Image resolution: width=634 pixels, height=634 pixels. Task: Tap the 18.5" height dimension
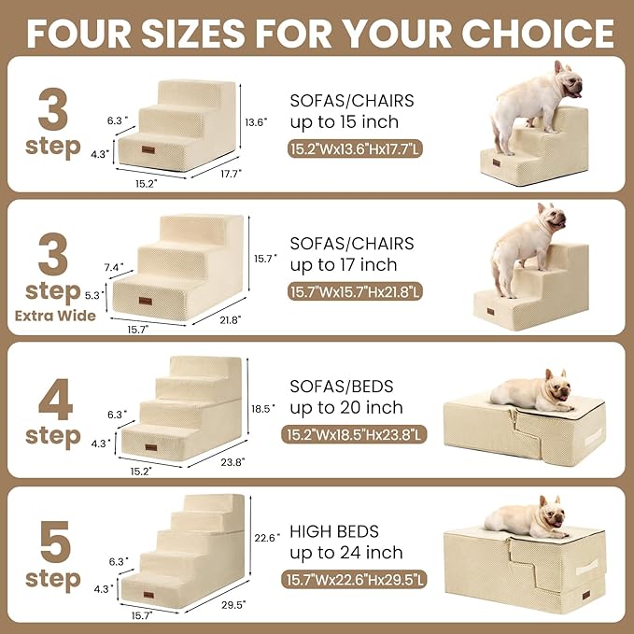pyautogui.click(x=264, y=408)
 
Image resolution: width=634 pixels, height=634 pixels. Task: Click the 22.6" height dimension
pyautogui.click(x=267, y=537)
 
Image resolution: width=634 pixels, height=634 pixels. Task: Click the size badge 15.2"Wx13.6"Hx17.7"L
pyautogui.click(x=355, y=148)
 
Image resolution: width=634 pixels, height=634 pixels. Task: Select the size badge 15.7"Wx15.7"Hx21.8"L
pyautogui.click(x=355, y=292)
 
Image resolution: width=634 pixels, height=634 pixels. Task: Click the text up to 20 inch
pyautogui.click(x=346, y=408)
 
